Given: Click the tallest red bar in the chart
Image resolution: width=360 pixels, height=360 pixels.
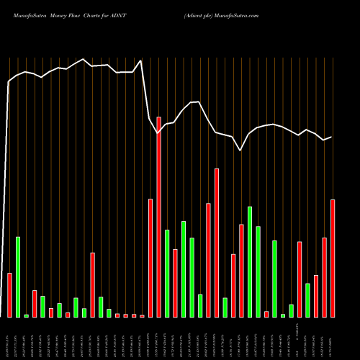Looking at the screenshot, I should [x=158, y=217].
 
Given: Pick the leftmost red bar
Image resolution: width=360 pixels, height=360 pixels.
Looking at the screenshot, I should [x=9, y=295].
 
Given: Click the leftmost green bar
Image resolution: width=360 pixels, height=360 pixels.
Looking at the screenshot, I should [x=18, y=277].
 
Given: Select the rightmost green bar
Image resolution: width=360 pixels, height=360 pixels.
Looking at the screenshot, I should [x=308, y=300].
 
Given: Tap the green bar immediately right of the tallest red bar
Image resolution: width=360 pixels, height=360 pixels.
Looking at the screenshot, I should [x=167, y=274].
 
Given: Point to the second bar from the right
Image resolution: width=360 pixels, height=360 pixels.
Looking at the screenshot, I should [x=325, y=277].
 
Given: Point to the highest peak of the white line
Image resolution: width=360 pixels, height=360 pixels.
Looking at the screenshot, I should [x=84, y=59].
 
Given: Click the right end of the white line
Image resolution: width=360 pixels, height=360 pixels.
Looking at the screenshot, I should [x=331, y=137].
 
